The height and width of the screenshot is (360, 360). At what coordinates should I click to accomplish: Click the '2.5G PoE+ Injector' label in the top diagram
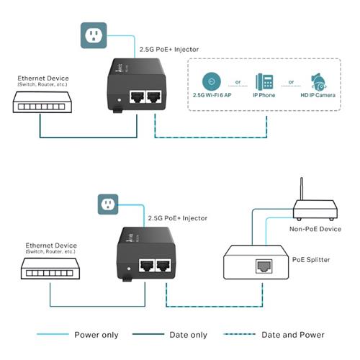point(166,50)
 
